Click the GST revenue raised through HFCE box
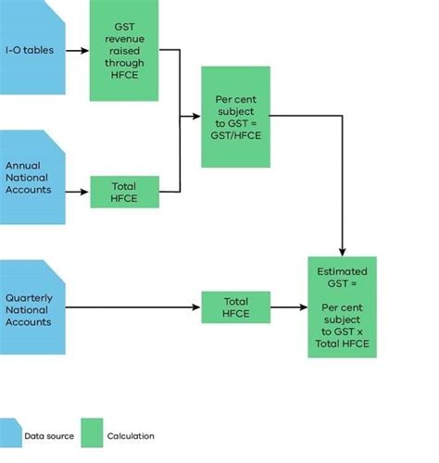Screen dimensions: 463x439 coord(124,51)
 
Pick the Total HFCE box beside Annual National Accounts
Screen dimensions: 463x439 coord(124,192)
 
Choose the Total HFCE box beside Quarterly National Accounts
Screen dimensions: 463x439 coord(235,307)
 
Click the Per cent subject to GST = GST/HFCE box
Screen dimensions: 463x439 coord(235,116)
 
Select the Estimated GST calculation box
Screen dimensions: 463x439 coord(343,307)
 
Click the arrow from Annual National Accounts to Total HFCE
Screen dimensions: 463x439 coord(78,192)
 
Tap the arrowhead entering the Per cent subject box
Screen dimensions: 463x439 coord(195,116)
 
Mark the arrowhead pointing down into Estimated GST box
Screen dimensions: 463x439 coord(343,251)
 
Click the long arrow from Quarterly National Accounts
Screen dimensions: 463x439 coord(134,307)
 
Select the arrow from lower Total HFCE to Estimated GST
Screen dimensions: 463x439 coord(289,307)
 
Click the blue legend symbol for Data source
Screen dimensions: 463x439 coord(10,432)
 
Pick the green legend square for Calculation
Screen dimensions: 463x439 coord(91,432)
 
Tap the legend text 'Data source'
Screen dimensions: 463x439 coord(47,435)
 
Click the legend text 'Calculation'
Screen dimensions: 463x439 coord(131,435)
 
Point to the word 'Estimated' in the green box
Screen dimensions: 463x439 coord(343,271)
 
